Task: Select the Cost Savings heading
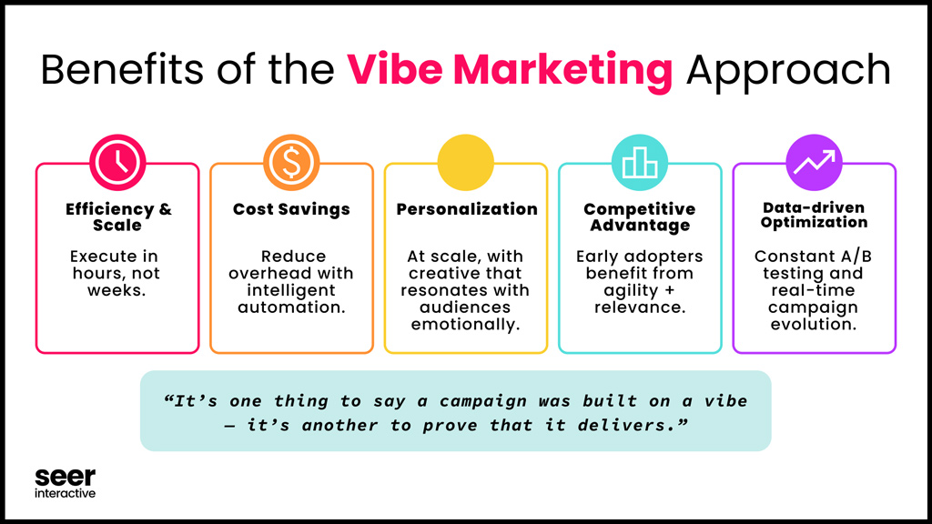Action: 291,209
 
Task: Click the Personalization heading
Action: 466,209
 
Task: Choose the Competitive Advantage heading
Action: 640,217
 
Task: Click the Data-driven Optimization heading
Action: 814,215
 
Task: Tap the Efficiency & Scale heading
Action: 117,217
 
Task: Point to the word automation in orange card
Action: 291,307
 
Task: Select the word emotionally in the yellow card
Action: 466,324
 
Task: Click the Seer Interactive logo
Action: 65,483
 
